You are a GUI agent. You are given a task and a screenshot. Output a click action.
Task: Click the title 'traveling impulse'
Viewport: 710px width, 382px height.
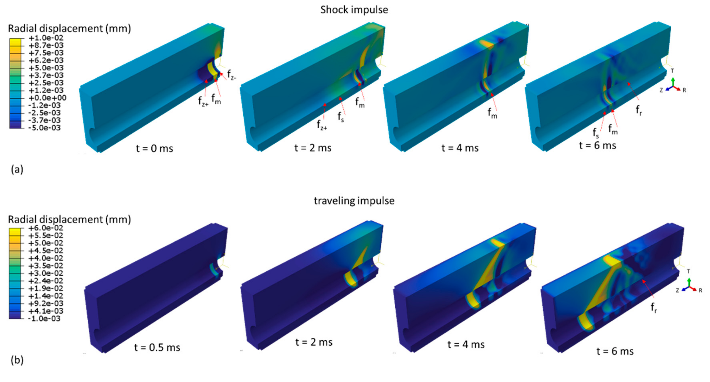(354, 201)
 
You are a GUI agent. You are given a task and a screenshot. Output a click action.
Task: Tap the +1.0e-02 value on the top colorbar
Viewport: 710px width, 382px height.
(46, 38)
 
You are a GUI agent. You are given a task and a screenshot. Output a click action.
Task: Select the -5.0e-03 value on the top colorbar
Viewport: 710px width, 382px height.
(45, 128)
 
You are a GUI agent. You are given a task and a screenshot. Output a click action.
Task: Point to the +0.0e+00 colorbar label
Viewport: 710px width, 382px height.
(47, 98)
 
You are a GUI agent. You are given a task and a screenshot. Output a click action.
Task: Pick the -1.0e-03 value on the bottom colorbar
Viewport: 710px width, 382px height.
(44, 319)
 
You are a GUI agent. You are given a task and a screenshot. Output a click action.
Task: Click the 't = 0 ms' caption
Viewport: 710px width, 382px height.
(155, 149)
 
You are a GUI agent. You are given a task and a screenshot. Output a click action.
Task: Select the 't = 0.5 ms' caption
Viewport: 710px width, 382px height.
(157, 348)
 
